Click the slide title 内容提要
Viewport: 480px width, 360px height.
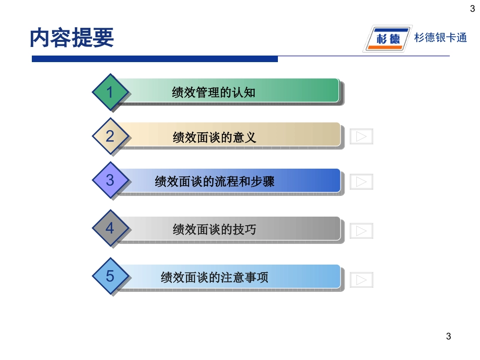[x=72, y=37]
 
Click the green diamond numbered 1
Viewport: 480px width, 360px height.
[x=110, y=92]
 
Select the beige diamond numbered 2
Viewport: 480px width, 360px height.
[x=110, y=136]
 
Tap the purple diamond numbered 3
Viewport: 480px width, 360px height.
[x=110, y=180]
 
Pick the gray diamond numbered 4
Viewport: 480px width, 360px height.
[x=110, y=229]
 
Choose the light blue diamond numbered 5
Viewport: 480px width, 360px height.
[x=110, y=276]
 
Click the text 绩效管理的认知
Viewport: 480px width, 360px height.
[x=214, y=92]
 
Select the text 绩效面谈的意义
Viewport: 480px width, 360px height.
[x=214, y=137]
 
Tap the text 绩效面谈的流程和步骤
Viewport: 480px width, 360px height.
[x=214, y=181]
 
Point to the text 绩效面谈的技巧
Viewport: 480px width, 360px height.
[x=214, y=230]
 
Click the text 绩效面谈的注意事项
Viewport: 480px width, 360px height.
[x=214, y=277]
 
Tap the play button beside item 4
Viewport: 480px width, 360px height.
[x=361, y=231]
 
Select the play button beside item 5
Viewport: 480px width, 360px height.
[x=361, y=280]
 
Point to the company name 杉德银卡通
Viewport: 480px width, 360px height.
[x=441, y=37]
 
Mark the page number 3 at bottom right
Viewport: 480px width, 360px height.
[x=448, y=336]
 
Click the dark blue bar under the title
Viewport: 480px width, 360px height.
[x=155, y=59]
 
